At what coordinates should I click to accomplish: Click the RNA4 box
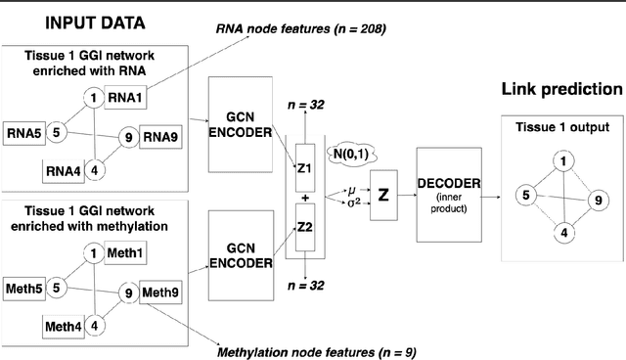[x=64, y=172]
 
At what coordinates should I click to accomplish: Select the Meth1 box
[x=150, y=255]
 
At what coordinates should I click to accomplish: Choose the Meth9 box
[x=161, y=292]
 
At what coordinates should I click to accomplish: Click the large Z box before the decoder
[x=383, y=195]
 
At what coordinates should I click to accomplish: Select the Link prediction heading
[x=560, y=90]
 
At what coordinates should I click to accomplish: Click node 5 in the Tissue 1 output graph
[x=526, y=196]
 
